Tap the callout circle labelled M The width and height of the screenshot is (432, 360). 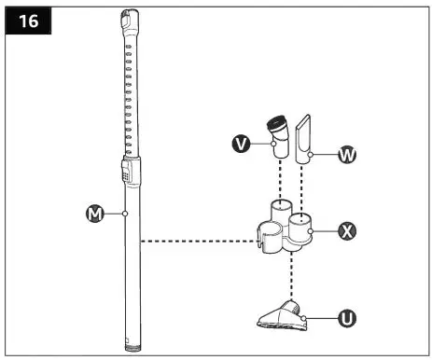93,215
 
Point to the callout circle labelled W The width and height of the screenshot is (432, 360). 346,155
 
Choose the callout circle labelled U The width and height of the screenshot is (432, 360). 346,319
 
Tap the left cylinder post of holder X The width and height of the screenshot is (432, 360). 278,210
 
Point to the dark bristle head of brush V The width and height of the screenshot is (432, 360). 278,121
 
